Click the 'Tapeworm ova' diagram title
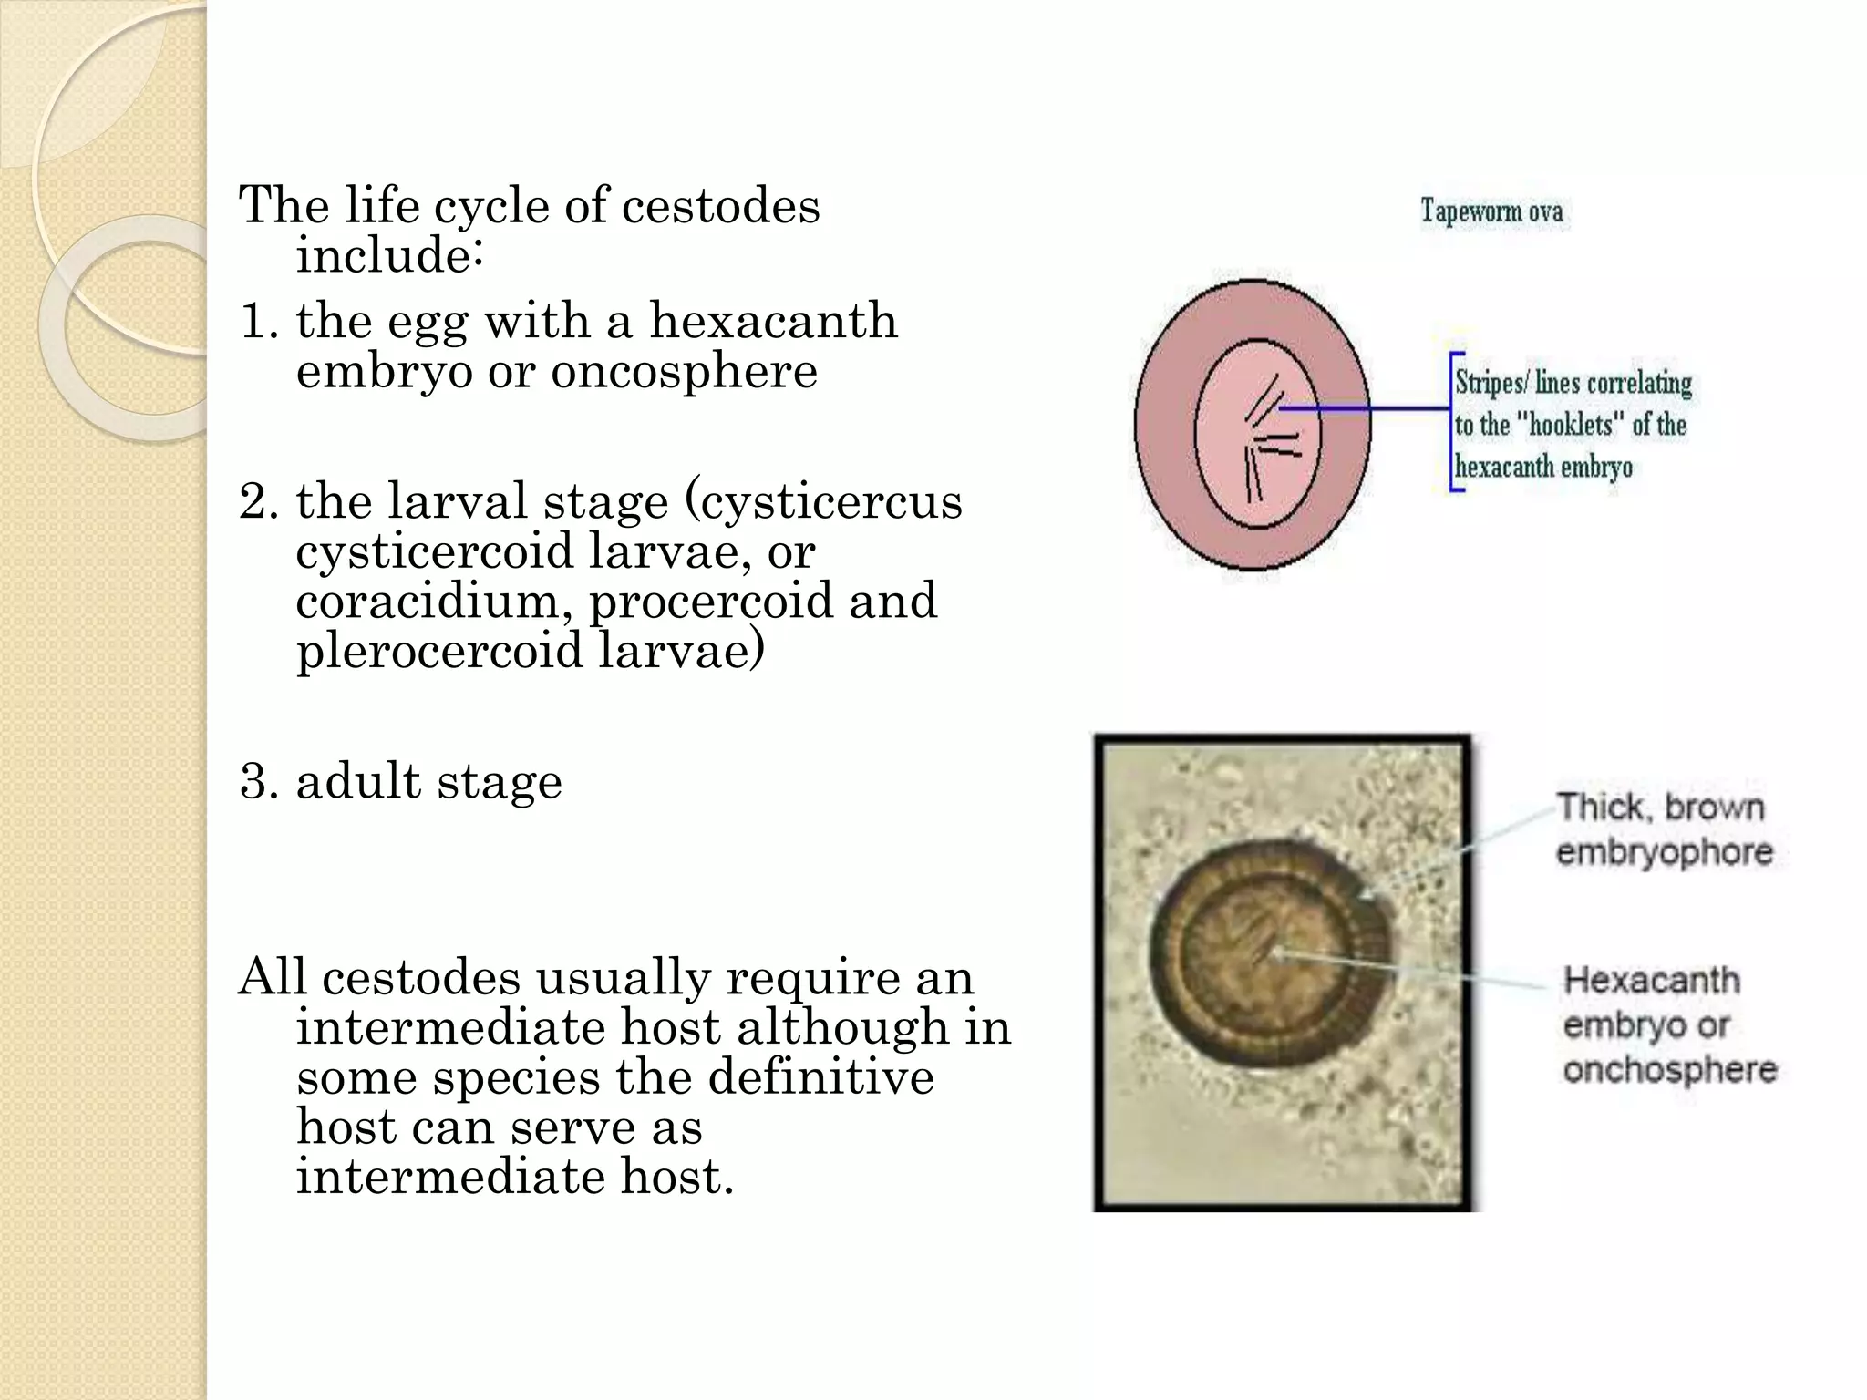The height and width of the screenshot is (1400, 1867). [1491, 211]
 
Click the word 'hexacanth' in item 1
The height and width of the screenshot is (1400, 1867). [773, 321]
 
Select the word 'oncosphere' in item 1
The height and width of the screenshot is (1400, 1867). [684, 371]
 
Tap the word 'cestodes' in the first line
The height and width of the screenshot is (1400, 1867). [720, 206]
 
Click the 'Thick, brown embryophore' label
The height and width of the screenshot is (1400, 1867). [1664, 829]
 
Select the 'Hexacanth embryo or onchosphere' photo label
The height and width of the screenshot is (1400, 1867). [1668, 1024]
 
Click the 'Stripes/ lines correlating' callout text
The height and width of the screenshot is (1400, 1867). [1573, 383]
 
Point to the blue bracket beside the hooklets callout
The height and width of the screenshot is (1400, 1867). [1454, 422]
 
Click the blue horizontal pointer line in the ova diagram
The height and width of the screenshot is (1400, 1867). [1367, 409]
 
